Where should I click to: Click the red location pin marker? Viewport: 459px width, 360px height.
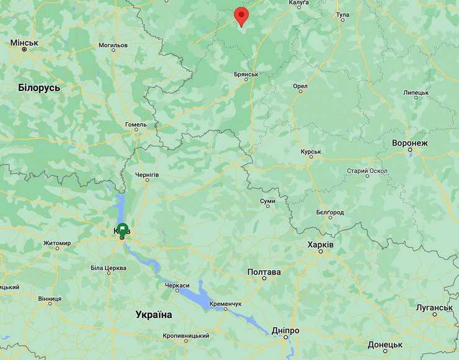[x=241, y=15]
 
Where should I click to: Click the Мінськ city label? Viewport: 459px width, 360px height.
[x=24, y=43]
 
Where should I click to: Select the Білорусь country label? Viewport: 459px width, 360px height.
[x=39, y=87]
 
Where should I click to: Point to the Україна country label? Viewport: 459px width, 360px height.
[x=154, y=315]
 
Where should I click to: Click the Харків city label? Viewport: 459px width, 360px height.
[x=321, y=245]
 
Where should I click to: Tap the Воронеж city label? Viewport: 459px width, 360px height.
[x=410, y=143]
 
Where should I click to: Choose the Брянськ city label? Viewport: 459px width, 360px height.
[x=246, y=74]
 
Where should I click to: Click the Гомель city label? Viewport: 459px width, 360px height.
[x=136, y=125]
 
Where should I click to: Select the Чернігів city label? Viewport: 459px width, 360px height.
[x=146, y=175]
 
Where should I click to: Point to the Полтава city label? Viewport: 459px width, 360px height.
[x=264, y=272]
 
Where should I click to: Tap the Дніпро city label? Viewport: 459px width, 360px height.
[x=285, y=331]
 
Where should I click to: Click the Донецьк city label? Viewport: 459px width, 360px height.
[x=385, y=345]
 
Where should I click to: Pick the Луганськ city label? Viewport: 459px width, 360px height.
[x=434, y=308]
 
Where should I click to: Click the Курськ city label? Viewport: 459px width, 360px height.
[x=310, y=152]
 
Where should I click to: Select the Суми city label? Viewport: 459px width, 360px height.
[x=267, y=201]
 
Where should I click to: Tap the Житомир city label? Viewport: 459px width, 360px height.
[x=56, y=244]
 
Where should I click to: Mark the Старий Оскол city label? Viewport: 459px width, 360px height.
[x=367, y=171]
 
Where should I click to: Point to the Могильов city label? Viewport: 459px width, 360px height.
[x=113, y=45]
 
